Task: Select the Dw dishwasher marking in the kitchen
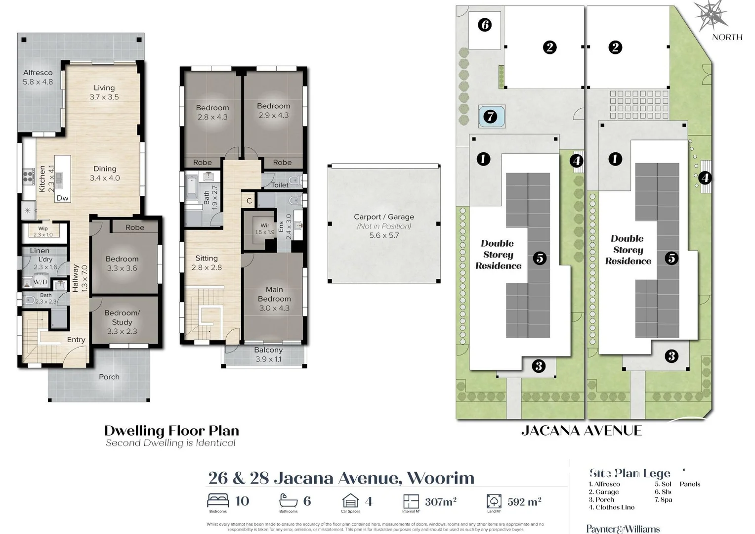click(x=62, y=198)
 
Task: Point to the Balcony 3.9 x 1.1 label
click(x=268, y=355)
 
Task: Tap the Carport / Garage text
click(x=383, y=217)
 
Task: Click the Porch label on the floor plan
click(x=109, y=377)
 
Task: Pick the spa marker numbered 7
click(x=490, y=117)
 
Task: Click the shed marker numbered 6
click(x=485, y=25)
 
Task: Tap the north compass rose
click(x=711, y=15)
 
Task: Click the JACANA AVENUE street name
click(x=581, y=431)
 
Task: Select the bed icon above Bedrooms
click(x=218, y=500)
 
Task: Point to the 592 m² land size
click(x=524, y=502)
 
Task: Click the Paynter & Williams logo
click(x=623, y=529)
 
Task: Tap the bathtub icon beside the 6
click(x=289, y=500)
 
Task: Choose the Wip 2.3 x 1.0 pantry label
click(x=43, y=231)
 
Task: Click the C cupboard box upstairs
click(x=249, y=201)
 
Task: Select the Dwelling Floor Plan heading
click(x=171, y=431)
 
